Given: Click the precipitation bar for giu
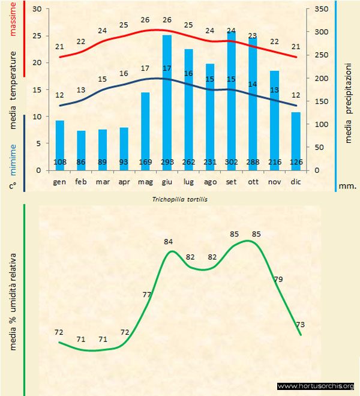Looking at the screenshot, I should [167, 102].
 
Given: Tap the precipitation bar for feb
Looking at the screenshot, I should [81, 150].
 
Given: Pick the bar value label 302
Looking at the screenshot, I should [231, 162].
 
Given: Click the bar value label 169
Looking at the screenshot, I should [145, 162].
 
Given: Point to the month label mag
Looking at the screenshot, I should [145, 181].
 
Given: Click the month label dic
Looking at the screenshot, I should [295, 181].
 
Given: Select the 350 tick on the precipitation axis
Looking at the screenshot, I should [321, 10].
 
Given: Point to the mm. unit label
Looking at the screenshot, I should [347, 186].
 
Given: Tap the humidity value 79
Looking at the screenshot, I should [278, 279].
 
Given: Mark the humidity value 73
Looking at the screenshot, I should [300, 325].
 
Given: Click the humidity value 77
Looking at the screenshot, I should [147, 295].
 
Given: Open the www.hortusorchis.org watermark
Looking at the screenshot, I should [316, 386].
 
